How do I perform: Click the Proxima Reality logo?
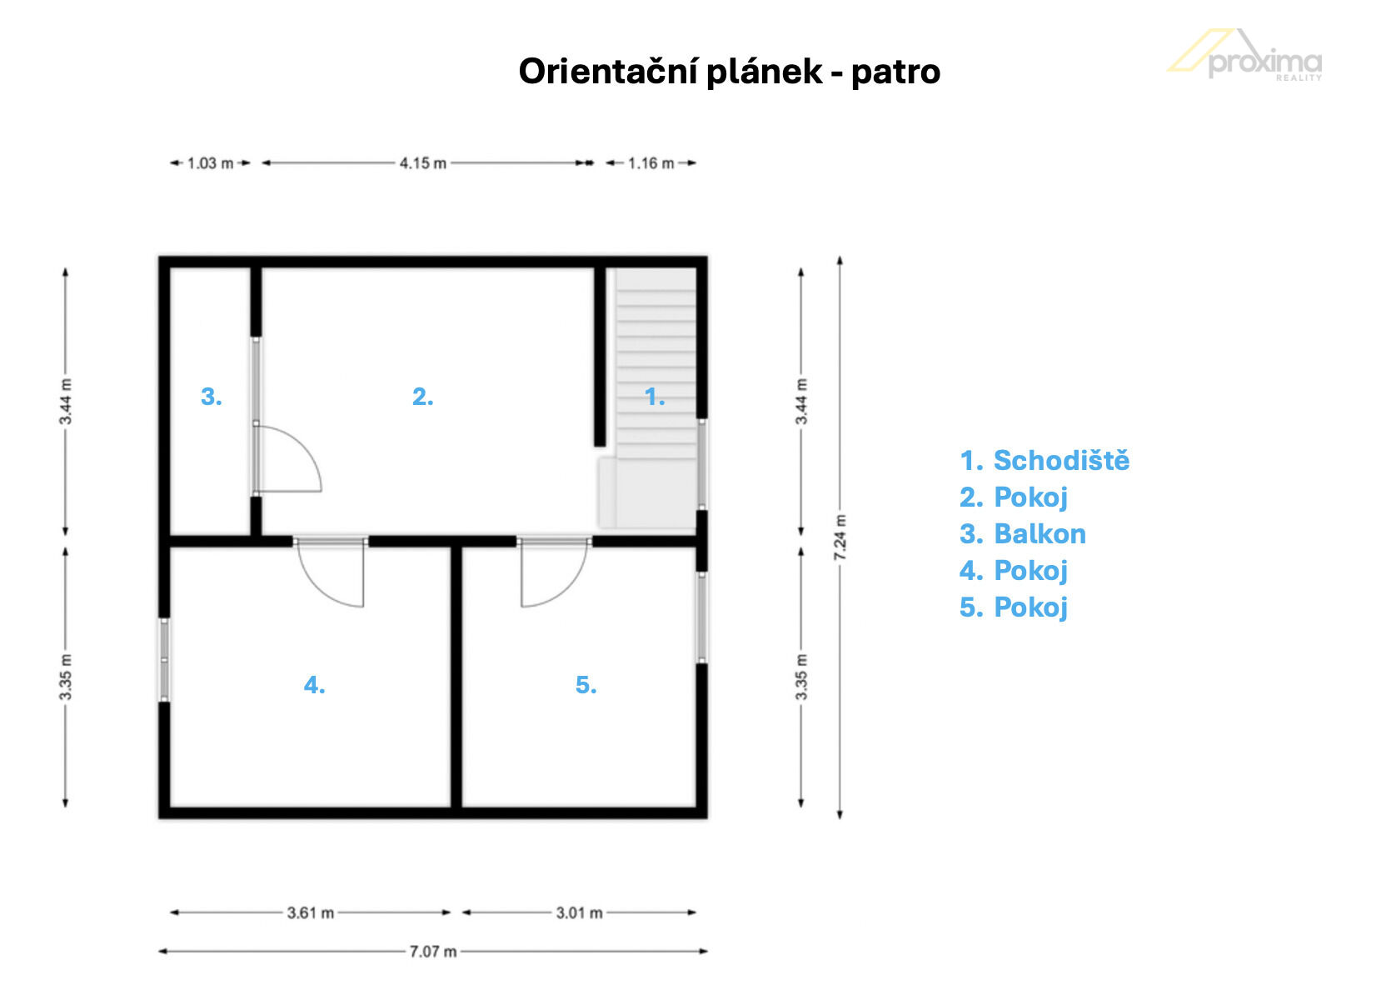[1245, 56]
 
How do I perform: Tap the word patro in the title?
[895, 72]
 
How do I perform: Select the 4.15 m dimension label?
[423, 163]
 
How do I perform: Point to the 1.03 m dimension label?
[210, 163]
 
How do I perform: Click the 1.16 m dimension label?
[651, 163]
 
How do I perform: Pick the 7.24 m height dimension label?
[840, 537]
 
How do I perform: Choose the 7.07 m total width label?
[433, 952]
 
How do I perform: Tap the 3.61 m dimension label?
[311, 913]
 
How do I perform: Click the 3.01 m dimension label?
[579, 913]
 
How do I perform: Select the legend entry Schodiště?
[1045, 461]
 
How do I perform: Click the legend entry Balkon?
[1023, 534]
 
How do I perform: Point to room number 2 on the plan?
[422, 397]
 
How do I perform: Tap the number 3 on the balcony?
[212, 397]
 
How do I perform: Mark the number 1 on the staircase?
[655, 397]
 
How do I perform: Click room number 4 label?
[314, 685]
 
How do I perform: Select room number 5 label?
[586, 685]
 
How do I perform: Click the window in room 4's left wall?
[164, 660]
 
